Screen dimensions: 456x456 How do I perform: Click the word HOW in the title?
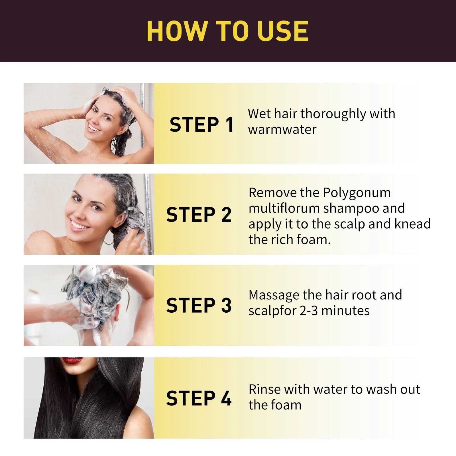coord(177,31)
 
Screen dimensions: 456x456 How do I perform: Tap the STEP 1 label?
coord(201,125)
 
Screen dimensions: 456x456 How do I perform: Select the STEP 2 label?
coord(199,215)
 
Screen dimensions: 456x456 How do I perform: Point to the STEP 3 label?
coord(199,305)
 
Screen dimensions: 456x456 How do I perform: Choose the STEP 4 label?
coord(199,398)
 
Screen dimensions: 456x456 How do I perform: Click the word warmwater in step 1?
coord(282,130)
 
